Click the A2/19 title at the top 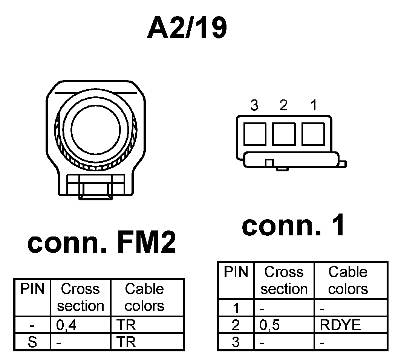tap(187, 28)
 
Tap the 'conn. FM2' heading tap(102, 243)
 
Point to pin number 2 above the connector tap(283, 105)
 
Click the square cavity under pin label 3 tap(255, 134)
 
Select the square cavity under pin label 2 tap(284, 134)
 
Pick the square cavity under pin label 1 tap(313, 134)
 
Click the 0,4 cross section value tap(66, 325)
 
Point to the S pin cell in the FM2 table tap(32, 343)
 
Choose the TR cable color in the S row tap(125, 343)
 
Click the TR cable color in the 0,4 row tap(125, 325)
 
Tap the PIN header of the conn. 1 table tap(236, 272)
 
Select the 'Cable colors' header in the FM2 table tap(144, 297)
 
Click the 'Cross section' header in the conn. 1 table tap(284, 281)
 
